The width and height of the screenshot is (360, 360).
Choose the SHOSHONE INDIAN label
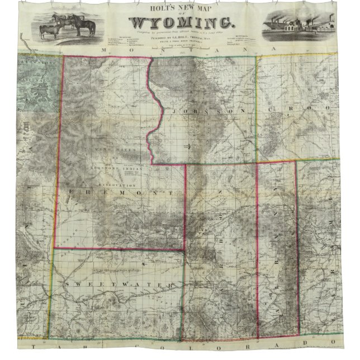coord(115,169)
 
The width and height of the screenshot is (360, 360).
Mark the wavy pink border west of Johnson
coord(155,112)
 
